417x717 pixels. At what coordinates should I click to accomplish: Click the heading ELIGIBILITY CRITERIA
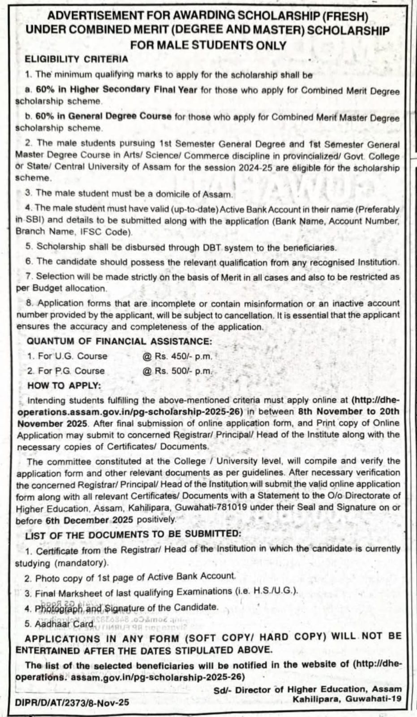(76, 59)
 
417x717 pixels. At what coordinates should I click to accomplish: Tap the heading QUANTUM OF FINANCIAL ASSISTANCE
(119, 341)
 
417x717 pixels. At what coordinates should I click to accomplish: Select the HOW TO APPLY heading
(64, 385)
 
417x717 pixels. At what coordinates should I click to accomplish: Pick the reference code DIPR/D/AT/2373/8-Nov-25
(72, 703)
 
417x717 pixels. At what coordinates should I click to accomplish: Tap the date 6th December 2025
(89, 520)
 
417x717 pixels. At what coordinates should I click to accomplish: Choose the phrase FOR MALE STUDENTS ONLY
(208, 45)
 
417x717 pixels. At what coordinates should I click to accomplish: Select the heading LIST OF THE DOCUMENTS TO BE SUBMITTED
(133, 534)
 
